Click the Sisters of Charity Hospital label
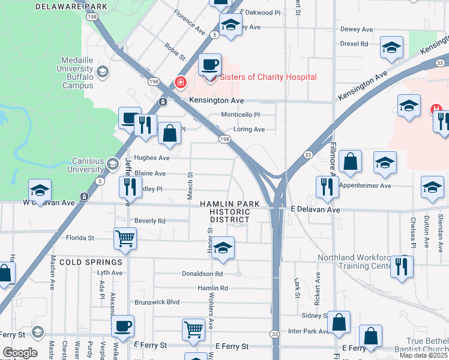(268, 77)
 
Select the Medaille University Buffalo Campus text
(77, 72)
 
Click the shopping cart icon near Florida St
(125, 238)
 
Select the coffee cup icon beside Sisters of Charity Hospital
(209, 64)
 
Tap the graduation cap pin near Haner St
(223, 248)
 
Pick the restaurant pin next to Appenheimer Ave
(327, 187)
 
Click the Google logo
(20, 352)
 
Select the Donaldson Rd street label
(202, 274)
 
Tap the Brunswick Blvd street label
(157, 302)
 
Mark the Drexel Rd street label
(354, 44)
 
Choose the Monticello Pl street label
(240, 115)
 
